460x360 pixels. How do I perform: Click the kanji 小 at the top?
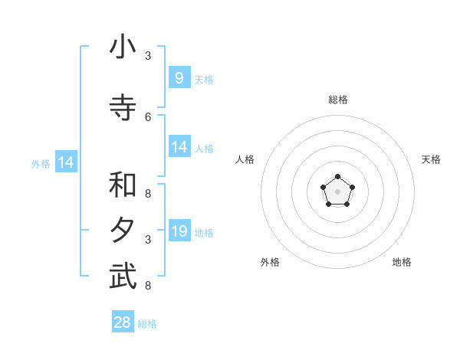tap(123, 48)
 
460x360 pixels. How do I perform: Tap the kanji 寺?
tap(123, 109)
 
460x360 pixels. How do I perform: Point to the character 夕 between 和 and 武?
tap(123, 231)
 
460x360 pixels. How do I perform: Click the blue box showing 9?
tap(179, 77)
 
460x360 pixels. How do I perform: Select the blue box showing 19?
tap(179, 231)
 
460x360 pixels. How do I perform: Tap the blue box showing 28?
tap(123, 322)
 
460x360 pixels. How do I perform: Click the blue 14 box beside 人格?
tap(179, 146)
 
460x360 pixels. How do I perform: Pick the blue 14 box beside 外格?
tap(65, 162)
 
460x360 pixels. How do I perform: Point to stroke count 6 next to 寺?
tap(148, 116)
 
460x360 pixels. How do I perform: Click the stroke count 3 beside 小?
tap(148, 56)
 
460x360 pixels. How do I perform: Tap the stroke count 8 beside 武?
tap(148, 286)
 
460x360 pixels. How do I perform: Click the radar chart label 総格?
tap(337, 100)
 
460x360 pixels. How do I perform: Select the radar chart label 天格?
tap(431, 159)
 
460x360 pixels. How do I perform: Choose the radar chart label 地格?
tap(402, 262)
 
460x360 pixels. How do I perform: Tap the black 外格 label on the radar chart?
tap(270, 262)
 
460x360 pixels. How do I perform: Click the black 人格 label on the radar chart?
tap(245, 159)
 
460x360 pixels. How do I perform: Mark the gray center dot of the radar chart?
tap(337, 191)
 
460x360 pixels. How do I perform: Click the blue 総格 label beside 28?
tap(147, 324)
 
